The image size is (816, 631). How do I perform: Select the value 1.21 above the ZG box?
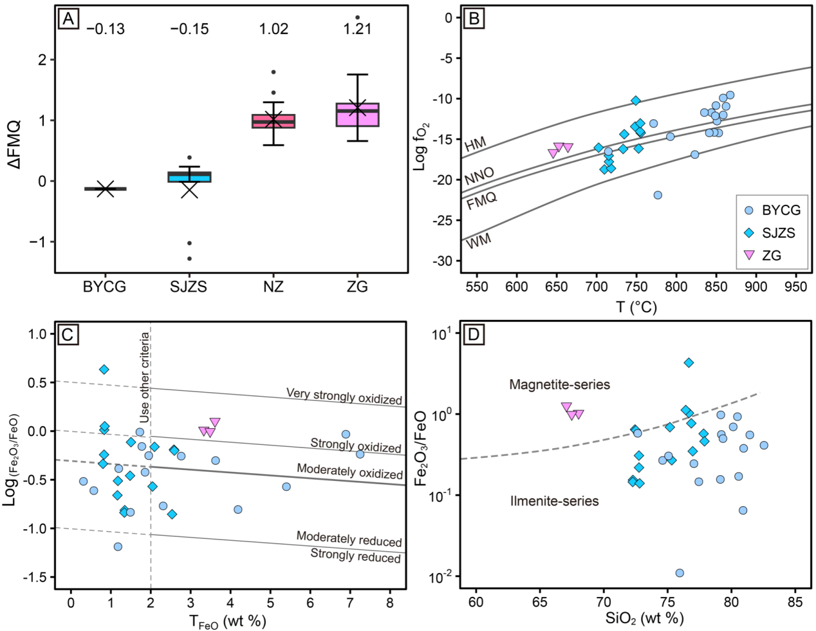[358, 29]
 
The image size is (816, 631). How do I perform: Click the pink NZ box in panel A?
[274, 121]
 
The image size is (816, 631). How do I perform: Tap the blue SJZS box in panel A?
[189, 176]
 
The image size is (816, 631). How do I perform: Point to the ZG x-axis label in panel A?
[357, 287]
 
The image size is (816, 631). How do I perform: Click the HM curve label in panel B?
[476, 144]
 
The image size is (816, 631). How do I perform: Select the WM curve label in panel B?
[478, 241]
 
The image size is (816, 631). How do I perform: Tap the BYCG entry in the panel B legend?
[770, 211]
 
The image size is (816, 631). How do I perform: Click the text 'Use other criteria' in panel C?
[145, 377]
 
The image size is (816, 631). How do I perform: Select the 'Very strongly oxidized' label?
[344, 396]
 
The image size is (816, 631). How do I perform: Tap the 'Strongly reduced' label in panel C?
[355, 555]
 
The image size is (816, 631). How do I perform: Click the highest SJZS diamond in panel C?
[104, 369]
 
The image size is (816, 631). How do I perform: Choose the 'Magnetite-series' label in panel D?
[559, 385]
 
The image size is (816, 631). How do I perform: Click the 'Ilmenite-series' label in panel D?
[554, 501]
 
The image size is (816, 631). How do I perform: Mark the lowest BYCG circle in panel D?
[680, 573]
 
